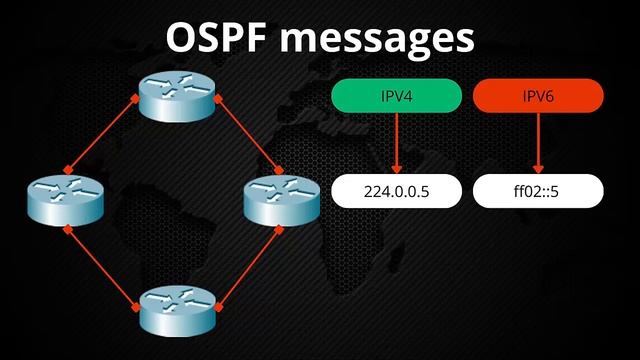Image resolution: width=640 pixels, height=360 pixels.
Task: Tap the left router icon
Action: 66,198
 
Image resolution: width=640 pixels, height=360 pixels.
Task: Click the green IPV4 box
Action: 397,95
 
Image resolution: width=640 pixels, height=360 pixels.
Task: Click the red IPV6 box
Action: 539,95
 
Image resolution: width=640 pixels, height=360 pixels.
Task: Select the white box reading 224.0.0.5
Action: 397,191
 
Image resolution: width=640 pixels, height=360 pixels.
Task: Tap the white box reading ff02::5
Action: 539,191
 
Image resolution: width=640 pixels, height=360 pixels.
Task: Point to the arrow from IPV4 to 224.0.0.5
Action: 397,142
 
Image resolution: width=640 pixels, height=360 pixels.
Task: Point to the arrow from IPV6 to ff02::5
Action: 539,142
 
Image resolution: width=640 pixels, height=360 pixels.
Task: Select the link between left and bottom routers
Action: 103,262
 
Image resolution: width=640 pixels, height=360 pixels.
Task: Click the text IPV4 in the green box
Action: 397,95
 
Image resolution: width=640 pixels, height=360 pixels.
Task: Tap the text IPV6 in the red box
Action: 539,95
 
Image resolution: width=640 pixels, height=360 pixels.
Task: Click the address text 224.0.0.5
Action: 397,191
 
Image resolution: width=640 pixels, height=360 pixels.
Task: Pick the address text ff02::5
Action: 539,191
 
